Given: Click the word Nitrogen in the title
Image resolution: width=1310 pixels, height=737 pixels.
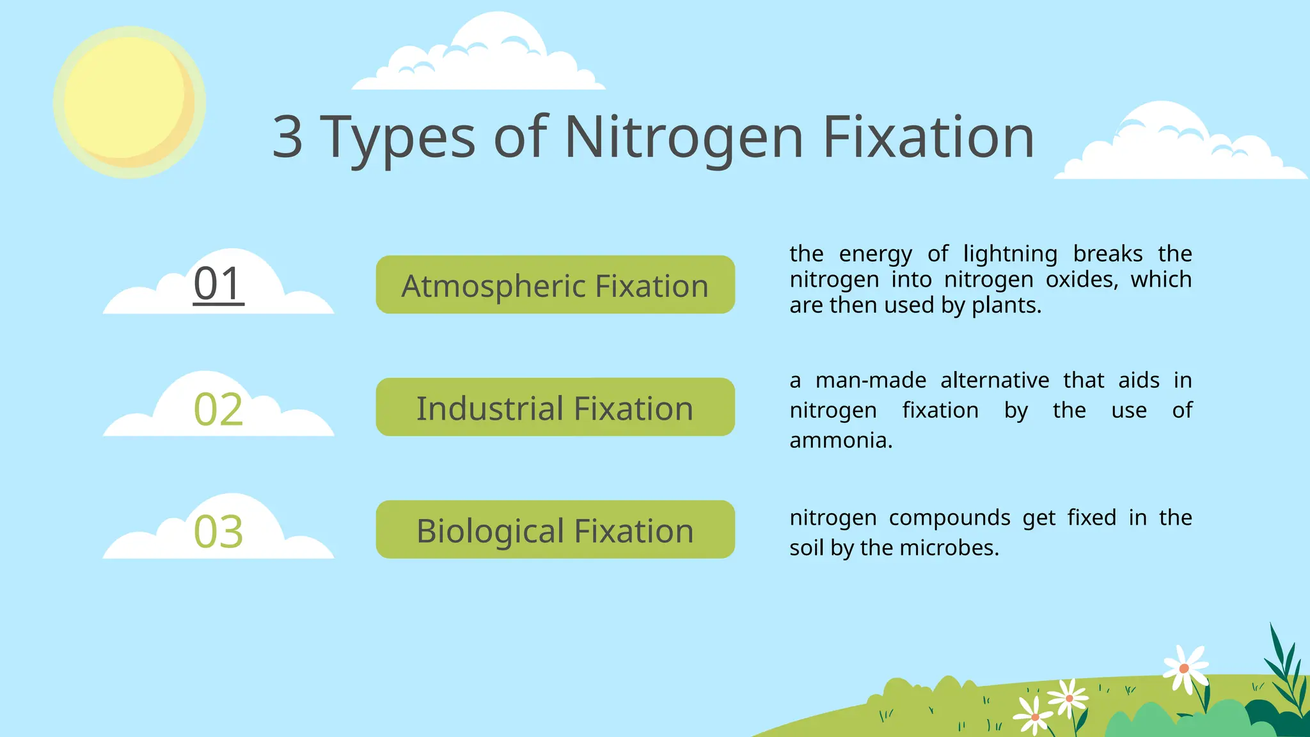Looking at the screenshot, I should click(683, 137).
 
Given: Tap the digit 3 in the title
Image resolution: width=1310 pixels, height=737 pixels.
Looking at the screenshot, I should click(287, 137).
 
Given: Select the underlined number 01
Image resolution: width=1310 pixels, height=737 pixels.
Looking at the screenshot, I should click(219, 284).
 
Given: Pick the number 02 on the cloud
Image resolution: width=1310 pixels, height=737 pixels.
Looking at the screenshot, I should click(219, 409).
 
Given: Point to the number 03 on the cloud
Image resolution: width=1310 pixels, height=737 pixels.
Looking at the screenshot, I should click(219, 532).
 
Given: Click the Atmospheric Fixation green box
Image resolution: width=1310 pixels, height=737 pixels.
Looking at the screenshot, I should click(555, 285).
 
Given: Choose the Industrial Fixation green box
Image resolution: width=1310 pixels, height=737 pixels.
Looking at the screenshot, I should click(555, 408).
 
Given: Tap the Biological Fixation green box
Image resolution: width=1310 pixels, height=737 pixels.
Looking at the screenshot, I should click(555, 530).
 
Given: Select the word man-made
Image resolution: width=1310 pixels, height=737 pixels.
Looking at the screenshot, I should click(871, 380).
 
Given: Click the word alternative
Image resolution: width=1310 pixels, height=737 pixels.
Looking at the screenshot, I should click(995, 380).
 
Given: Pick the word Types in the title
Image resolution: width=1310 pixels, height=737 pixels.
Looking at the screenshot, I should click(397, 137).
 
